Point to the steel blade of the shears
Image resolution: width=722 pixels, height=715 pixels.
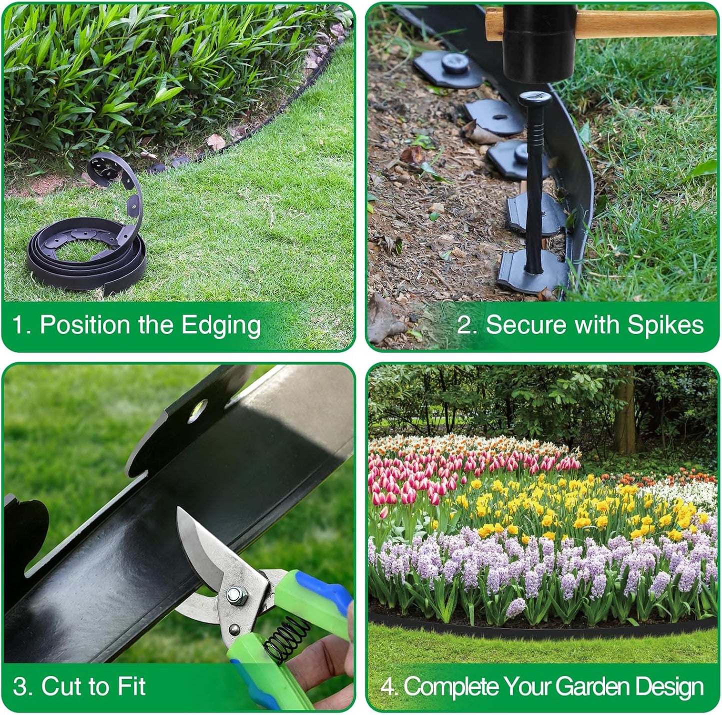pos(200,550)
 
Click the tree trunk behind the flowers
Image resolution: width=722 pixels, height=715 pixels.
pos(625,410)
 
